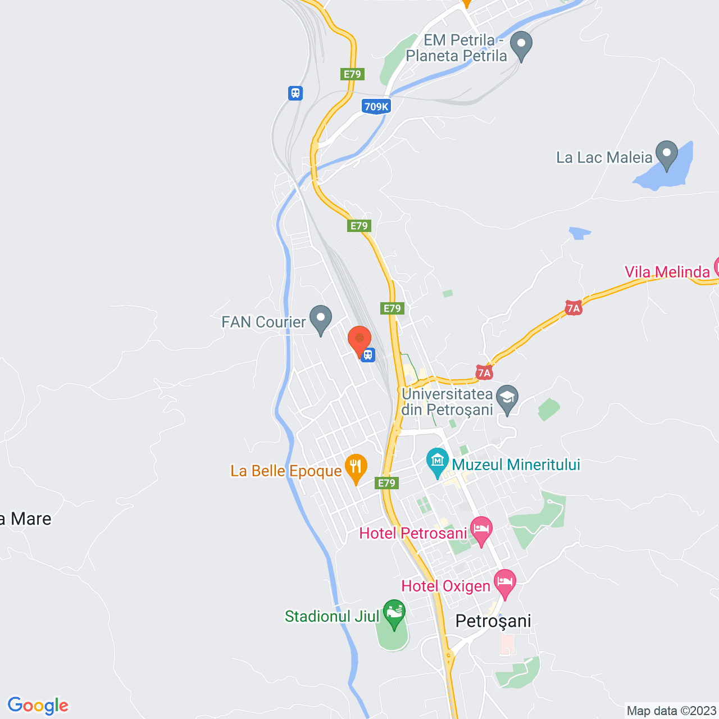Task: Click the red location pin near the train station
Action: [359, 339]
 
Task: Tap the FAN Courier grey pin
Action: [321, 318]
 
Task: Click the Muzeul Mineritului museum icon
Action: [437, 461]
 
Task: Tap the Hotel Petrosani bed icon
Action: [481, 530]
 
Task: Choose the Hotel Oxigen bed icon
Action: [504, 583]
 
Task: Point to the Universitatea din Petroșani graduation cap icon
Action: [507, 398]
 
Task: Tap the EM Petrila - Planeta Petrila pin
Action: [521, 44]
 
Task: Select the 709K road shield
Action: [376, 106]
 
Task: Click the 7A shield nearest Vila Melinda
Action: [573, 308]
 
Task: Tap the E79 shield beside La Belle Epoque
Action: [386, 483]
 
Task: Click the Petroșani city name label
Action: [493, 621]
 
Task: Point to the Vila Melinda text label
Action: [667, 272]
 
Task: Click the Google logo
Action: [38, 706]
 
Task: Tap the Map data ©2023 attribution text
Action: [671, 711]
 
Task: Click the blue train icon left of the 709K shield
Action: [295, 93]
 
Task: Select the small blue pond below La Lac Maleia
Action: [579, 233]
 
